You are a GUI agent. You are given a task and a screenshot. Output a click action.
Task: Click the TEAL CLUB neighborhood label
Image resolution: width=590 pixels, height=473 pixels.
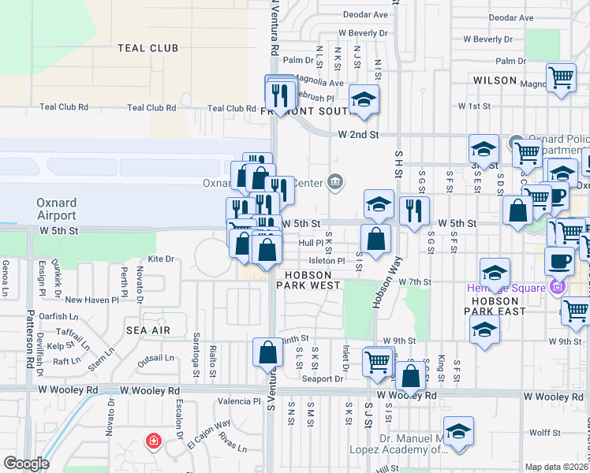pos(147,48)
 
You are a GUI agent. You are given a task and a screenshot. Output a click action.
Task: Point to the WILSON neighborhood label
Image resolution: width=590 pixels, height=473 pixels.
pos(495,80)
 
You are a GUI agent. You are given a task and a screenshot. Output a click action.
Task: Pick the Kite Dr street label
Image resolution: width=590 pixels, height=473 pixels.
pos(160,259)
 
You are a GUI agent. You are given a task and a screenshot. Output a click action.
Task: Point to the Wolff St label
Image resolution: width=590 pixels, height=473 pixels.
pos(544,432)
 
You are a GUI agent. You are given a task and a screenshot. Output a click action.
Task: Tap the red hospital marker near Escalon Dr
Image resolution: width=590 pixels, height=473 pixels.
pos(152,442)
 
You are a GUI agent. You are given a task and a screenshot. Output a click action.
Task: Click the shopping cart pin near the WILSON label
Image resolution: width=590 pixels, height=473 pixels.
pos(561,79)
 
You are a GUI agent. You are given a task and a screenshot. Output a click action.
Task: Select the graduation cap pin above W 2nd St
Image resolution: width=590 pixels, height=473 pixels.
pos(364,99)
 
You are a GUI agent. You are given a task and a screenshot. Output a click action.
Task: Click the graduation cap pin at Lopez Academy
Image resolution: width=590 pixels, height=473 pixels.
pos(457,431)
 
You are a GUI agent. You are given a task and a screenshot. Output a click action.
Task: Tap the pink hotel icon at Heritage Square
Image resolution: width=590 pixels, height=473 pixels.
pos(560,287)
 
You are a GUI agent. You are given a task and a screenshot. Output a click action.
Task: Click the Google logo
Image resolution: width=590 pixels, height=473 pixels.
pos(26,464)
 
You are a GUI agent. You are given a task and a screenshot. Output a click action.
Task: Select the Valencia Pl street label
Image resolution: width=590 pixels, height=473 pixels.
pos(239,401)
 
